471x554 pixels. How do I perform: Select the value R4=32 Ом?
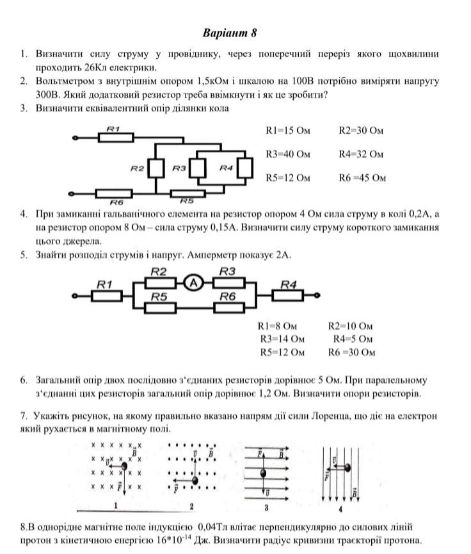click(x=361, y=154)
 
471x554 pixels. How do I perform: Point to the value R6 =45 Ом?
click(x=362, y=178)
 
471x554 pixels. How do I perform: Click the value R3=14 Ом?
click(x=282, y=339)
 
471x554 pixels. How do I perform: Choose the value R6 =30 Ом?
click(x=351, y=352)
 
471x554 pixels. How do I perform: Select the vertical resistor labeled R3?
click(x=198, y=168)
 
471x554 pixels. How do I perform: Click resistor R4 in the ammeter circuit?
click(x=289, y=295)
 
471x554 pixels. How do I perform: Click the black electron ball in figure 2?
click(x=195, y=480)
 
